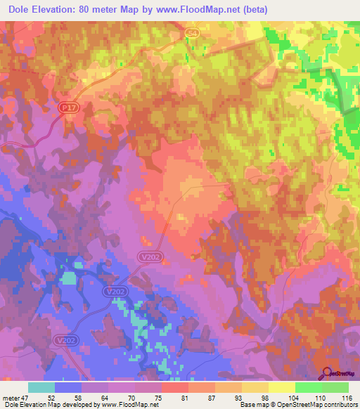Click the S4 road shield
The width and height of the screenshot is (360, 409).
pos(193,33)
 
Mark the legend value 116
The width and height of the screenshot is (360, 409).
pos(345,397)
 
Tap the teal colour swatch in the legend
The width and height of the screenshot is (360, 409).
pos(41,387)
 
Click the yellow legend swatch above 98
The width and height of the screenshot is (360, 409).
pos(255,387)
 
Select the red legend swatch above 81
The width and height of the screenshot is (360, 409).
pos(175,387)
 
